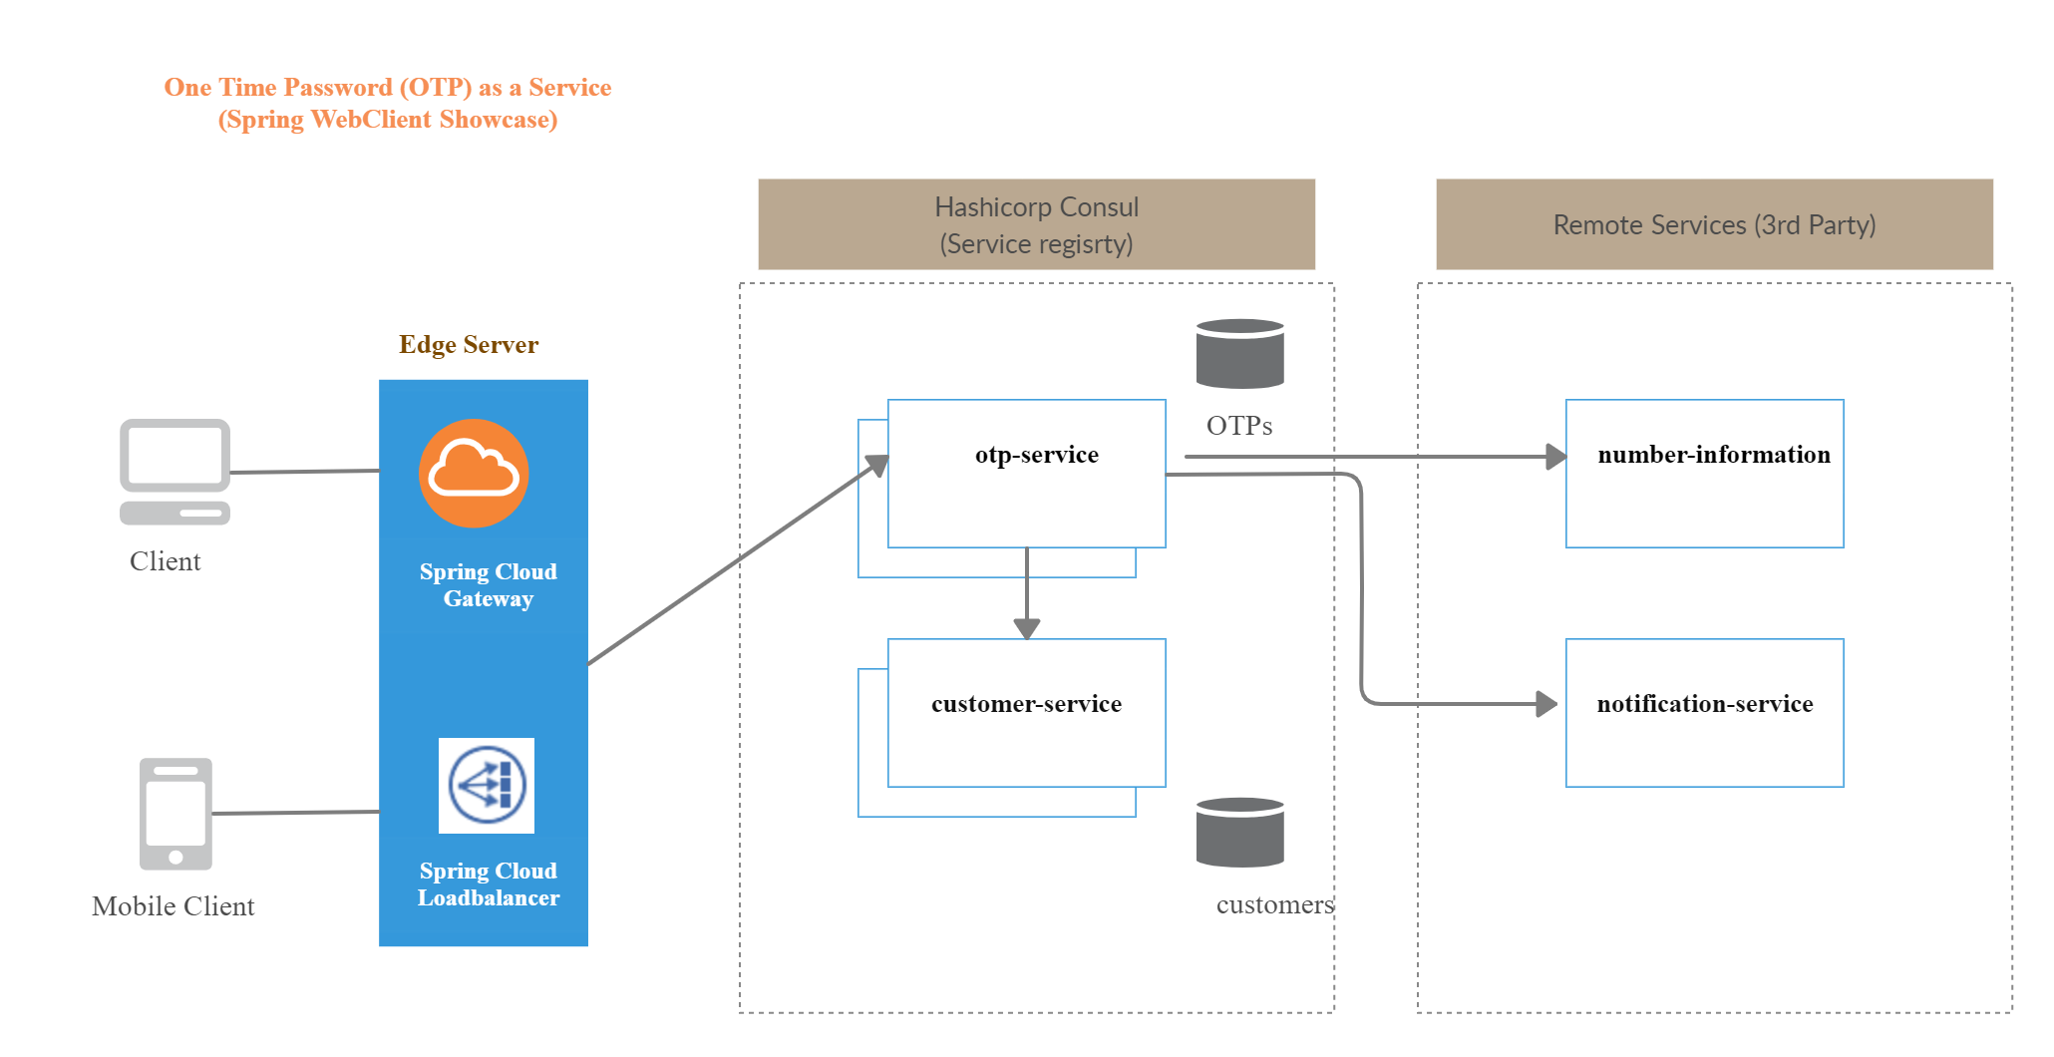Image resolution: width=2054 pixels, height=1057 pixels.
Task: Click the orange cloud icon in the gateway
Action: click(474, 473)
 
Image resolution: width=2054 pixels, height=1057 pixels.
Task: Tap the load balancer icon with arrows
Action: click(487, 785)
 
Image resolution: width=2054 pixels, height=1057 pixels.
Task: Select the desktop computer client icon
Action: click(175, 471)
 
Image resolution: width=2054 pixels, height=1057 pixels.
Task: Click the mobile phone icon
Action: click(175, 814)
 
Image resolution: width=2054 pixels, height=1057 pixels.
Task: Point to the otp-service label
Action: click(1036, 455)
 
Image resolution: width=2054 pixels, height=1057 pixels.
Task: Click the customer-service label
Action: click(1026, 704)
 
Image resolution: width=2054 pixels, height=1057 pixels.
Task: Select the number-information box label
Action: click(1713, 455)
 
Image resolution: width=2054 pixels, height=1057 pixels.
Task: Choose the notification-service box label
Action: click(1704, 704)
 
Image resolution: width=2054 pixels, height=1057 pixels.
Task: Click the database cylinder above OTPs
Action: click(1239, 354)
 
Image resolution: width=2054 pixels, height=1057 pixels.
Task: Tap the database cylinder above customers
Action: click(1239, 833)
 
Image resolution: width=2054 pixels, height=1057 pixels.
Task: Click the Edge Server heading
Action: click(469, 345)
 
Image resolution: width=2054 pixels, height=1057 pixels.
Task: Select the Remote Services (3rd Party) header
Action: click(1714, 225)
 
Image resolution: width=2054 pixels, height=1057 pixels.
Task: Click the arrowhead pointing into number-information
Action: click(1555, 457)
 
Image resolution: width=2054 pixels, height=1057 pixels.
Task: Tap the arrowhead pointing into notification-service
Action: click(1546, 704)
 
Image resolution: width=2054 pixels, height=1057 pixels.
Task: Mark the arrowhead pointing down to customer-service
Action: click(1027, 628)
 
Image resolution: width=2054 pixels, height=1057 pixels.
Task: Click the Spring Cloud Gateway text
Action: click(488, 585)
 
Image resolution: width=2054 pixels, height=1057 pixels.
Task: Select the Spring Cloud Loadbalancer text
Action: click(488, 884)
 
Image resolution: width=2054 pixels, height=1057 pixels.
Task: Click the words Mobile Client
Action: click(173, 906)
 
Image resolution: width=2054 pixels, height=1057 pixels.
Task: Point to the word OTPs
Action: click(1239, 426)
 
